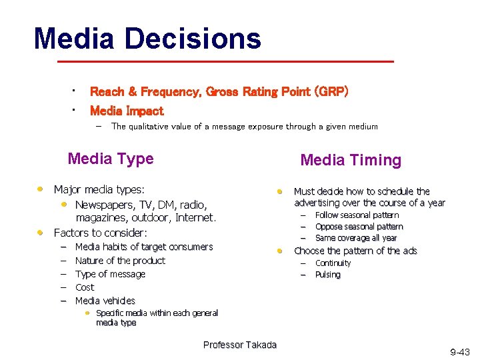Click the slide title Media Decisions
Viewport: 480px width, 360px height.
click(147, 39)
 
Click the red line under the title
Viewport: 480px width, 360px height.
click(225, 61)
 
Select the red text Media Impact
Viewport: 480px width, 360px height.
click(127, 111)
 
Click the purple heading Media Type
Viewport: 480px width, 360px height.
click(111, 159)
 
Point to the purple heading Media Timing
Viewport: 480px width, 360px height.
click(351, 160)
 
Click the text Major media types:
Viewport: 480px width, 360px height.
click(99, 190)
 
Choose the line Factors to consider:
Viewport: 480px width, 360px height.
click(100, 233)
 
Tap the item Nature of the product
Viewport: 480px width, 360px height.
click(120, 261)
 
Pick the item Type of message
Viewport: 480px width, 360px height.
click(110, 274)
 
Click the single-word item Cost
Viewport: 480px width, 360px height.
click(85, 287)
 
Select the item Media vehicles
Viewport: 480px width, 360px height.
click(105, 301)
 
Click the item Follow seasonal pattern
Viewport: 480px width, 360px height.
click(357, 215)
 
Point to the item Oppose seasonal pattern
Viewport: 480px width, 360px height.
click(359, 227)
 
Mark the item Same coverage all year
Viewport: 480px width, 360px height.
click(356, 238)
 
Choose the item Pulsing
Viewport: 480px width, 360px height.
click(327, 275)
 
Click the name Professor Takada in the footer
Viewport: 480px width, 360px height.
click(239, 345)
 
